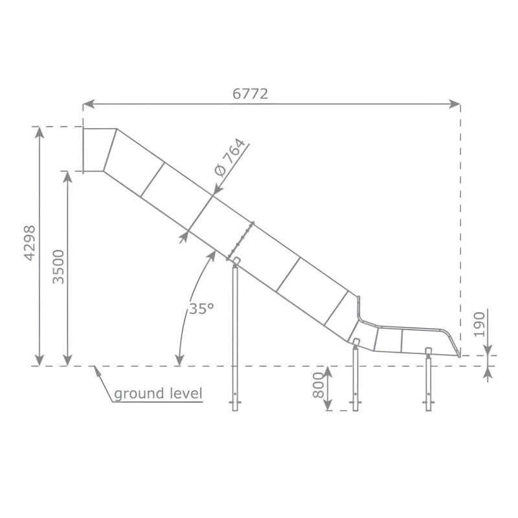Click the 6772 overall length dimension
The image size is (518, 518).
(x=250, y=93)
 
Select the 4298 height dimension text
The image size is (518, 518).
(x=29, y=243)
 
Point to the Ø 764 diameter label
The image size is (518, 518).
(x=230, y=158)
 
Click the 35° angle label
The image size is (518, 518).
(x=201, y=309)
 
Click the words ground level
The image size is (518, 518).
(x=158, y=393)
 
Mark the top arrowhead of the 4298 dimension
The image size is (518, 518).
(x=39, y=131)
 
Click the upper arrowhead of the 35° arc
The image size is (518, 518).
(x=212, y=254)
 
